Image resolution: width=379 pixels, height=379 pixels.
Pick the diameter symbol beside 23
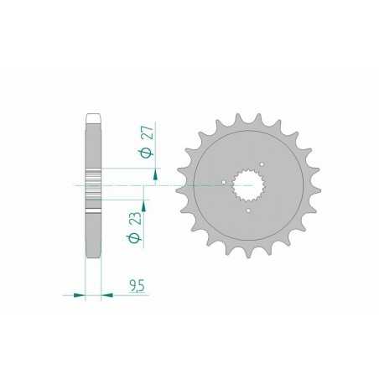coord(135,241)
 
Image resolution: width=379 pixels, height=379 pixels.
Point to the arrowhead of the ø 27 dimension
coord(155,174)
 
